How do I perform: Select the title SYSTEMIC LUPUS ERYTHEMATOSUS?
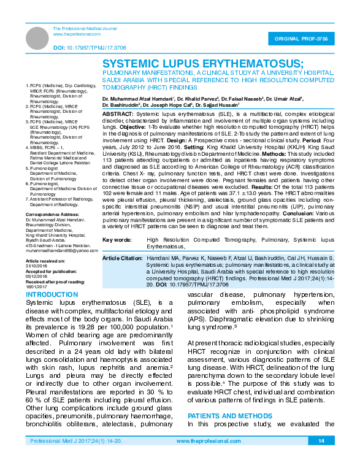pyautogui.click(x=202, y=64)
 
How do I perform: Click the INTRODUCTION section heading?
pyautogui.click(x=48, y=295)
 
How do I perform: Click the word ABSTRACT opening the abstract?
pyautogui.click(x=118, y=115)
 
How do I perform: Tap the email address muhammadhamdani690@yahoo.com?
pyautogui.click(x=61, y=250)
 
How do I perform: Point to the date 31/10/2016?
pyautogui.click(x=36, y=264)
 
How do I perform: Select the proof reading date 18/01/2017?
pyautogui.click(x=36, y=285)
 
